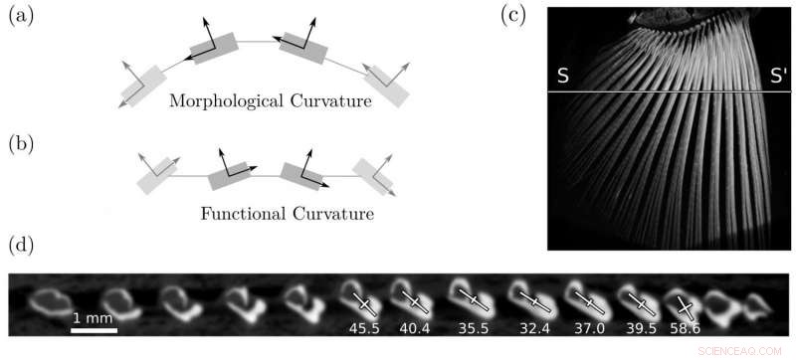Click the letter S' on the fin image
tap(776, 77)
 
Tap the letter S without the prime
tap(563, 77)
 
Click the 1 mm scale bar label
tap(94, 318)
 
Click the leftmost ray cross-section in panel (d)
tap(48, 299)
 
